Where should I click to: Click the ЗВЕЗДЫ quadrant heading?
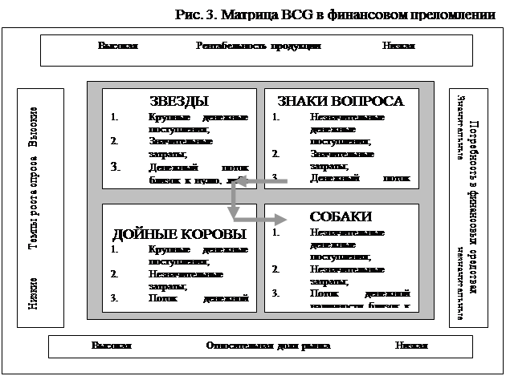[178, 101]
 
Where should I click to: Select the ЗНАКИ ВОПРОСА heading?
[340, 101]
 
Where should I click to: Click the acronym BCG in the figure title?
[308, 14]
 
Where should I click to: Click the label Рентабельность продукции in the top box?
[259, 46]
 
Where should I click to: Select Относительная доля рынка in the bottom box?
[267, 346]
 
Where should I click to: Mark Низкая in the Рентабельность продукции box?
[398, 46]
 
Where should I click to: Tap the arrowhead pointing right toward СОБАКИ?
[283, 217]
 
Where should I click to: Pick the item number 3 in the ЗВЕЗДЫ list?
[115, 168]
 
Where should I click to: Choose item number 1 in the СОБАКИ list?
[275, 233]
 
